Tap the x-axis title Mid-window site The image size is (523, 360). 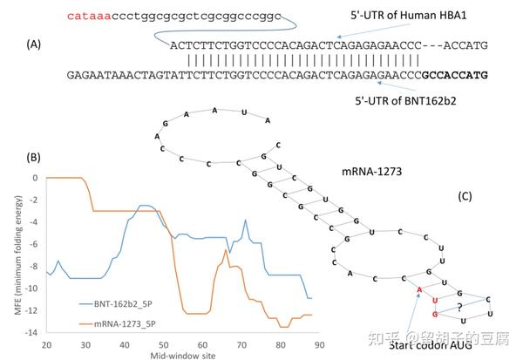click(x=180, y=355)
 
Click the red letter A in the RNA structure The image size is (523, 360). click(x=420, y=289)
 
